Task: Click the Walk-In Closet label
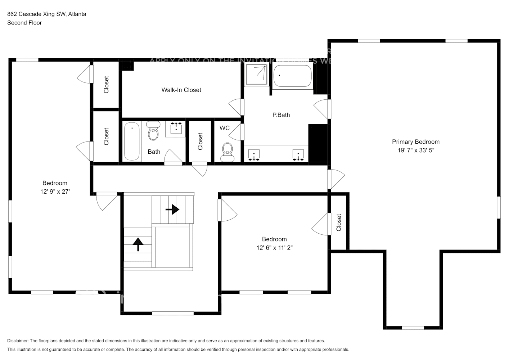pos(181,90)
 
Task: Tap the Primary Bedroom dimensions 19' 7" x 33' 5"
pos(416,150)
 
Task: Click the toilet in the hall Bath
pos(153,131)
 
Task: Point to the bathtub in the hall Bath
pos(132,141)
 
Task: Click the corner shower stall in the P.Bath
pos(257,75)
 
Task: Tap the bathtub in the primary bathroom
pos(292,76)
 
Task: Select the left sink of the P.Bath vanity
pos(254,155)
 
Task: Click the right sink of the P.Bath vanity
pos(298,155)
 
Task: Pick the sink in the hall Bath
pos(176,129)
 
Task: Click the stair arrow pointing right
pos(172,209)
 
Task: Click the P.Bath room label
pos(281,115)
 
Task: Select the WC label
pos(225,128)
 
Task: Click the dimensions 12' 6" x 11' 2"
pos(274,248)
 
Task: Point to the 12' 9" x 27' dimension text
pos(55,192)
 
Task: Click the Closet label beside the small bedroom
pos(339,222)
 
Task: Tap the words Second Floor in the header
pos(24,23)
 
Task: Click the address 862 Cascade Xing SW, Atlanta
pos(47,14)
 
